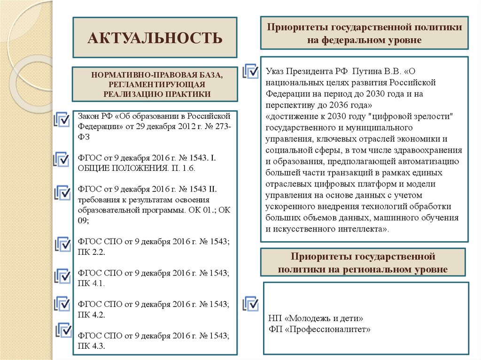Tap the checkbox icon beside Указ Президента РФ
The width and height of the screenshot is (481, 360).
tap(250, 72)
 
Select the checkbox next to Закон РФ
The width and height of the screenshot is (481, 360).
tap(62, 119)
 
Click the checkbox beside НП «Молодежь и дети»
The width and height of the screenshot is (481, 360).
tap(250, 303)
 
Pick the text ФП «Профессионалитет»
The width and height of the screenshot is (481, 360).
tap(320, 329)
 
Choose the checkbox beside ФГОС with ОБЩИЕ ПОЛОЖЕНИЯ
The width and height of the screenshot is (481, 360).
tap(62, 158)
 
